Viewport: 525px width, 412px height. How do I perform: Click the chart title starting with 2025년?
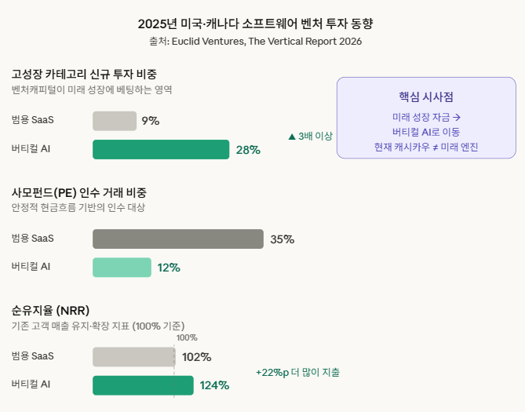[x=262, y=24]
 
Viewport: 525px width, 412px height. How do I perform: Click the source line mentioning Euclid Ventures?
[x=262, y=42]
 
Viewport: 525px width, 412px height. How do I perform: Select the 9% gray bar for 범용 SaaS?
[x=115, y=121]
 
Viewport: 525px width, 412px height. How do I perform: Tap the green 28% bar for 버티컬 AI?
[x=161, y=149]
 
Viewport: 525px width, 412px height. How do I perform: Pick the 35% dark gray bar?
[x=178, y=239]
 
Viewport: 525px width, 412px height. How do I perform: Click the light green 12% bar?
[x=122, y=268]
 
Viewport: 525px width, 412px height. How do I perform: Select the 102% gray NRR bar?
[x=133, y=357]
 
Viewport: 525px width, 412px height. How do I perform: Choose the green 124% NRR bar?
[x=143, y=385]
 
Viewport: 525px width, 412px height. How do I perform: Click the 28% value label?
[x=248, y=150]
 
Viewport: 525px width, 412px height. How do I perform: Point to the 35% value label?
[x=283, y=239]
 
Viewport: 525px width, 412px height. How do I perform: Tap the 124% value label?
[x=214, y=385]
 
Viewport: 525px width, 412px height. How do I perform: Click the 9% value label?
[x=151, y=121]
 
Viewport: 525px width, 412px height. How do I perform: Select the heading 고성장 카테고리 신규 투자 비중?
[x=84, y=75]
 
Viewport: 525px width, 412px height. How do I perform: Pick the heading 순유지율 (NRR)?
[x=56, y=311]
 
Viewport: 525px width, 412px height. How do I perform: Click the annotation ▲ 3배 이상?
[x=311, y=137]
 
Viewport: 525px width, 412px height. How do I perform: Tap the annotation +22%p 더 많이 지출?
[x=298, y=372]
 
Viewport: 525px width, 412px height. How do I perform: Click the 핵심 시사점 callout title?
[x=426, y=97]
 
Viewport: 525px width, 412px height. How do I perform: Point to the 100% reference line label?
[x=187, y=337]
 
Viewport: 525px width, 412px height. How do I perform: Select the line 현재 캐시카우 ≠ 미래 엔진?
[x=426, y=147]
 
